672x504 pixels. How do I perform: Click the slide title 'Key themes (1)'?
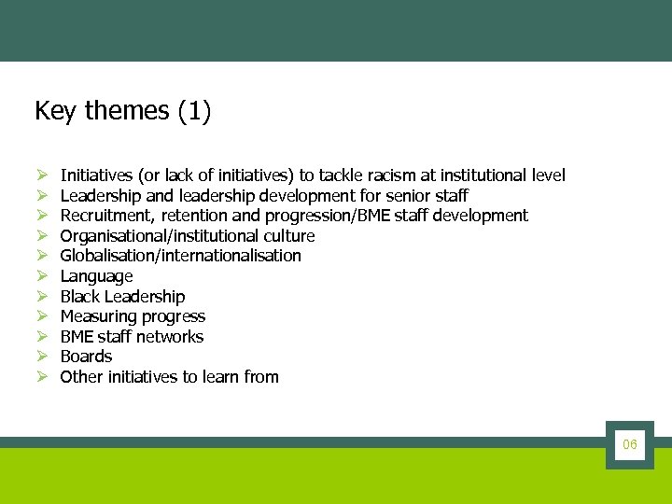pyautogui.click(x=122, y=111)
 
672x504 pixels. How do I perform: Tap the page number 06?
pyautogui.click(x=630, y=445)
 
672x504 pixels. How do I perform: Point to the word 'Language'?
pyautogui.click(x=96, y=276)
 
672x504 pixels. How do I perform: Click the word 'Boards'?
pyautogui.click(x=86, y=357)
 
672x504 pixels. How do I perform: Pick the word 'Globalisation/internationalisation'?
pyautogui.click(x=180, y=256)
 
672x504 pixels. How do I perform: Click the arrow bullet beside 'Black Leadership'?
pyautogui.click(x=42, y=297)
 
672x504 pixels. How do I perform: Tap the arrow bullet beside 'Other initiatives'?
pyautogui.click(x=42, y=377)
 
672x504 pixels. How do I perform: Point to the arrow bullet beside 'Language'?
pyautogui.click(x=42, y=276)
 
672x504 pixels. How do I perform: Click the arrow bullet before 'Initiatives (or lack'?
pyautogui.click(x=42, y=175)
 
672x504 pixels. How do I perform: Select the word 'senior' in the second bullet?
pyautogui.click(x=409, y=196)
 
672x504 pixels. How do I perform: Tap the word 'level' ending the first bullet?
pyautogui.click(x=548, y=175)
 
